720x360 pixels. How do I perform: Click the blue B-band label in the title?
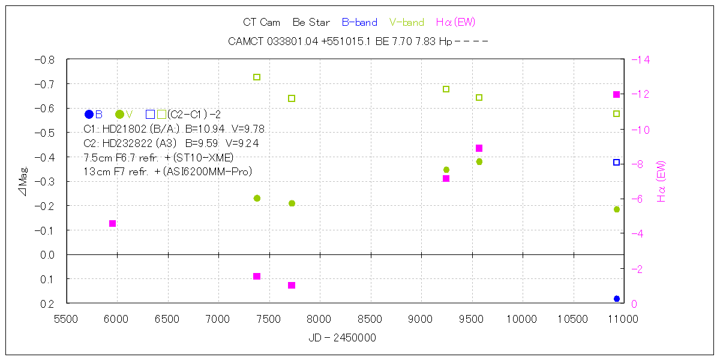point(359,23)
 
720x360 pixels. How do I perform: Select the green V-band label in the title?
point(406,23)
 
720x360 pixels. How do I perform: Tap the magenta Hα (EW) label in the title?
point(455,23)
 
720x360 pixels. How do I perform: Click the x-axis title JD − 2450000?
point(342,338)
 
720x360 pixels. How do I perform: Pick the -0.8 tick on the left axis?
point(46,60)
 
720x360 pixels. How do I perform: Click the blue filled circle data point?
point(617,299)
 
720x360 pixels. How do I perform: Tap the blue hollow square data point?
point(616,163)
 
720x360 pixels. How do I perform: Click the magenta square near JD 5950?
point(112,224)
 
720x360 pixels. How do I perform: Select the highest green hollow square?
point(257,77)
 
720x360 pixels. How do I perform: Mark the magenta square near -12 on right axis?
point(616,95)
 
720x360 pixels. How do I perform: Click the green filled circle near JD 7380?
point(257,198)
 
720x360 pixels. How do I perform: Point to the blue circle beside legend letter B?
point(89,114)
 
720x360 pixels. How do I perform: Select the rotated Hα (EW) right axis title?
point(662,181)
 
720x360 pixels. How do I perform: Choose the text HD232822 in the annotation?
point(128,143)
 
